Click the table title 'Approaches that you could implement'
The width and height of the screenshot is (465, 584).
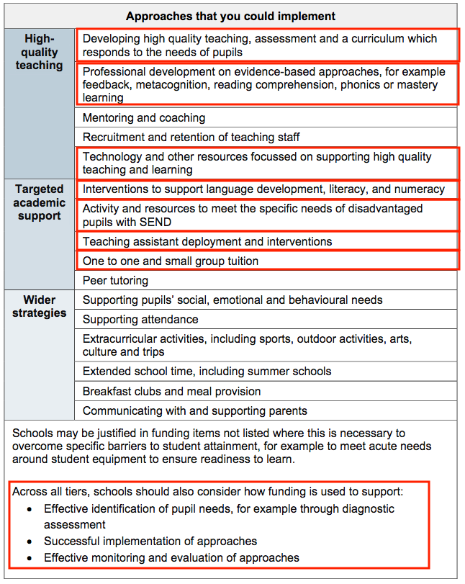(x=230, y=16)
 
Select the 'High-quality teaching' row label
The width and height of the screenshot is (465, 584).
(x=39, y=52)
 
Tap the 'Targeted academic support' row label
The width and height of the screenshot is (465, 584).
(x=39, y=202)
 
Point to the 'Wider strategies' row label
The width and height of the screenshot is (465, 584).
(x=39, y=306)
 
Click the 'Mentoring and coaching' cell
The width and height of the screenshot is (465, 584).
(x=144, y=117)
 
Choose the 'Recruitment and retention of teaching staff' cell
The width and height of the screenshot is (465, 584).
(x=191, y=137)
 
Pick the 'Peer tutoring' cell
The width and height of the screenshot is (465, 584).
(x=116, y=280)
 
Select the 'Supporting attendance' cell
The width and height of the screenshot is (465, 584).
(x=140, y=319)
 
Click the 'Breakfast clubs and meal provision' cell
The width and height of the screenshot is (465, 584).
(x=172, y=391)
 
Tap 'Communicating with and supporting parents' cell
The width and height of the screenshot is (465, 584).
(x=195, y=410)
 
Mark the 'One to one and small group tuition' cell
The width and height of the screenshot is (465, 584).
(x=171, y=261)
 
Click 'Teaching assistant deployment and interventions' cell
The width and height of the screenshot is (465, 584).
(x=207, y=241)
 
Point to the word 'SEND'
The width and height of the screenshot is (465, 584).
(x=148, y=222)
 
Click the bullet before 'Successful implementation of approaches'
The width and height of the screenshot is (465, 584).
(x=30, y=541)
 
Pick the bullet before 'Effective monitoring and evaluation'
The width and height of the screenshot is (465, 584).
(x=30, y=558)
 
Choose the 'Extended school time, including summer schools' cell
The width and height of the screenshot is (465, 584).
(x=207, y=372)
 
